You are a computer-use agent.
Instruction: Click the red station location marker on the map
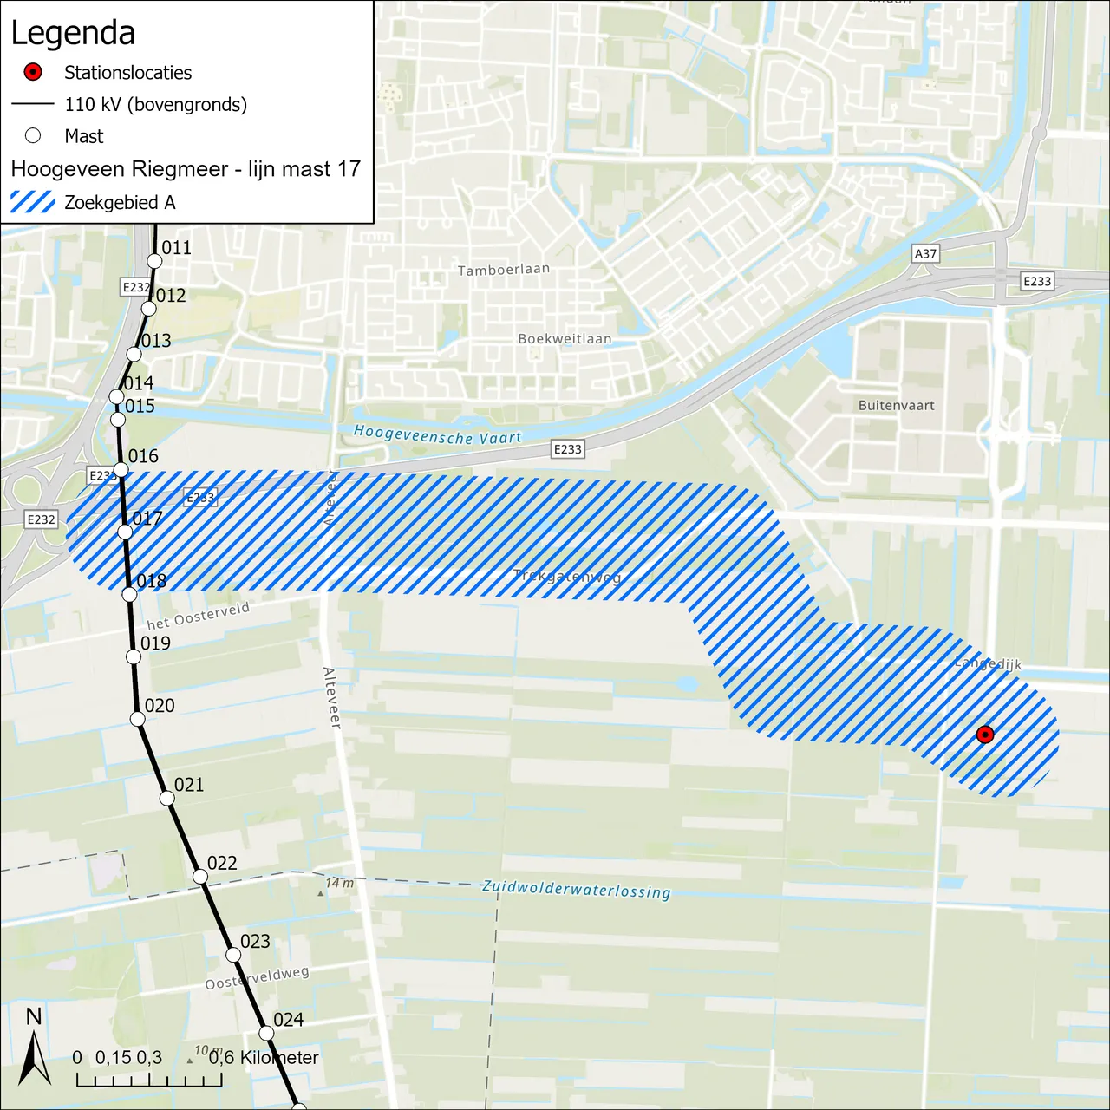[984, 735]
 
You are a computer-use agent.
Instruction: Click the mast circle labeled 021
[167, 798]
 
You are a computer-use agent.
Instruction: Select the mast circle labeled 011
[154, 261]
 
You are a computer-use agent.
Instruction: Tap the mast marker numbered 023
[233, 955]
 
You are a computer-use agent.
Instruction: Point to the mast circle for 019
[134, 656]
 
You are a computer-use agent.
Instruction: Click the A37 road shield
[925, 253]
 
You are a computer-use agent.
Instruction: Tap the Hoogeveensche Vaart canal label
[437, 434]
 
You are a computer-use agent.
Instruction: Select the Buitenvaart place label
[896, 405]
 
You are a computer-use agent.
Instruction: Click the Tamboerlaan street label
[503, 270]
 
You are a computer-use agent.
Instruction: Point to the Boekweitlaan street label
[565, 338]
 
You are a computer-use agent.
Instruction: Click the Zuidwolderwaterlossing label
[576, 889]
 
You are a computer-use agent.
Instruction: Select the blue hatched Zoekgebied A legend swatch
[33, 202]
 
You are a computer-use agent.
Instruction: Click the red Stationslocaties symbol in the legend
[33, 72]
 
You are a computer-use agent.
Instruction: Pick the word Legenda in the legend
[73, 33]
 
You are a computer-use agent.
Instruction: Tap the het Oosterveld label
[198, 616]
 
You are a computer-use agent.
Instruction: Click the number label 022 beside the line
[222, 863]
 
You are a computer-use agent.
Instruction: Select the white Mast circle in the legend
[33, 135]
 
